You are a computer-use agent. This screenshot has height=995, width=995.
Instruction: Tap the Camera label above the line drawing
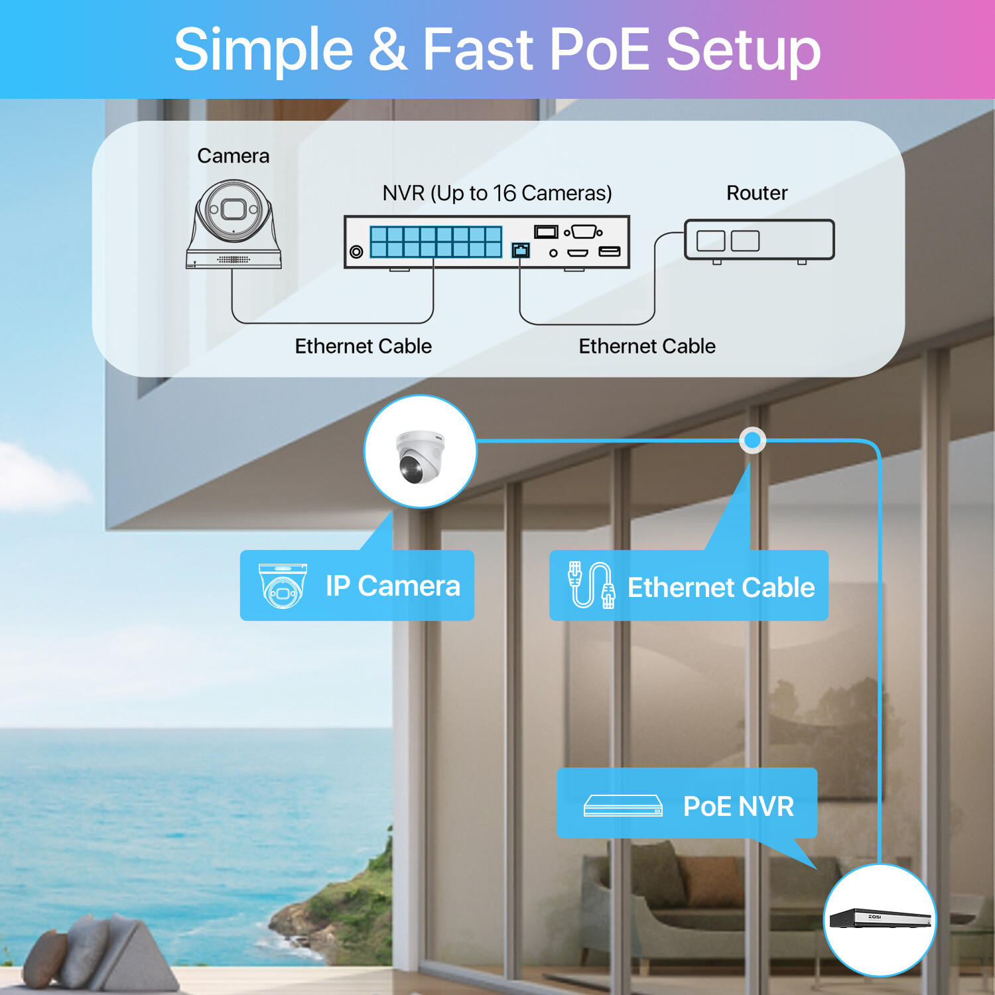[233, 156]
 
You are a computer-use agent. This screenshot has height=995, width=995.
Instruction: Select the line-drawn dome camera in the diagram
[233, 224]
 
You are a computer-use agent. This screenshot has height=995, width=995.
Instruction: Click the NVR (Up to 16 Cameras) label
[497, 193]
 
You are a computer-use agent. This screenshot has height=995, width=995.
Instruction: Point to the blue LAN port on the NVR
[521, 249]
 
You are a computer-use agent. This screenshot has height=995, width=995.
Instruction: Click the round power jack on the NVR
[356, 251]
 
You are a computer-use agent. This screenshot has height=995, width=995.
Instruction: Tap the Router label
[757, 193]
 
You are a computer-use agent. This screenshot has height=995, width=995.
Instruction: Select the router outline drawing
[760, 241]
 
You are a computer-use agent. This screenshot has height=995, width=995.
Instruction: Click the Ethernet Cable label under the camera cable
[364, 346]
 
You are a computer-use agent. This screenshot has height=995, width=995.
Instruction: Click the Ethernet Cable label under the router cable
[647, 346]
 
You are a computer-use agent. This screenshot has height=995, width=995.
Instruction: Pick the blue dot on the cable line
[752, 440]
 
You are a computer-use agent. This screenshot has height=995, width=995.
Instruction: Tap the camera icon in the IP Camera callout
[283, 586]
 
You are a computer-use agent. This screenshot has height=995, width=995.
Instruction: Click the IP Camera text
[393, 586]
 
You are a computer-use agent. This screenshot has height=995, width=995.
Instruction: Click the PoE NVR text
[738, 807]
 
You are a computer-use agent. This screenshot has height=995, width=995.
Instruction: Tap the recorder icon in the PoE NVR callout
[623, 806]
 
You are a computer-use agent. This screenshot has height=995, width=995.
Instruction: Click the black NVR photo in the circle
[880, 919]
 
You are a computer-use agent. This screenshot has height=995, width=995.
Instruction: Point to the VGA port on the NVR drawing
[584, 232]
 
